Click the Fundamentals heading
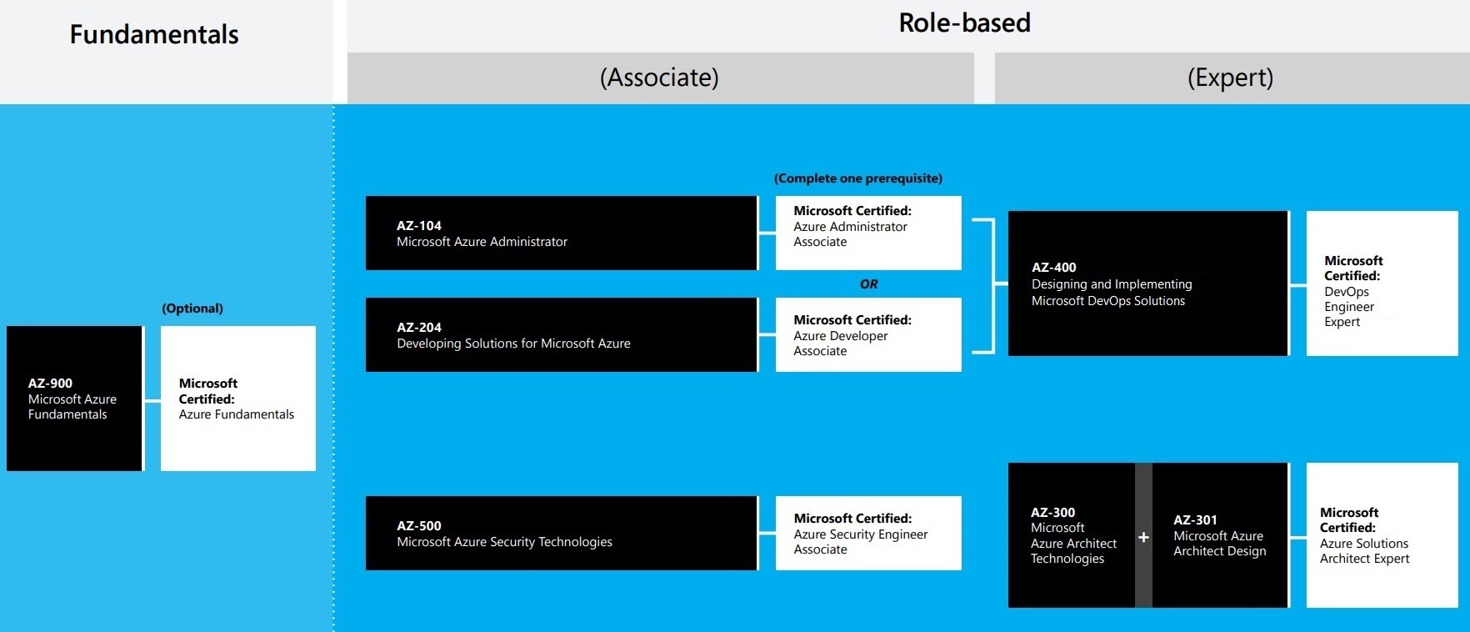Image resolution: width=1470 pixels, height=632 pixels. click(154, 34)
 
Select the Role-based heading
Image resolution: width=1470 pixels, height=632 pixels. click(964, 23)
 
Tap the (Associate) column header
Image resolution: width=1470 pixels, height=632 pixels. click(659, 78)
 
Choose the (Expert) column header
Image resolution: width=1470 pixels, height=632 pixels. click(1230, 78)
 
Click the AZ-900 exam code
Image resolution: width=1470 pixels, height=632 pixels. click(50, 384)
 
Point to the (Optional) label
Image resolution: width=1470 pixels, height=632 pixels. click(192, 308)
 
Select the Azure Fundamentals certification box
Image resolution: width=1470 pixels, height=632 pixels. click(238, 399)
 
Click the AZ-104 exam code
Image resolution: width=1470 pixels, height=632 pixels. click(419, 226)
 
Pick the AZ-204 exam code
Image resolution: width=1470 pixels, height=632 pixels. click(419, 328)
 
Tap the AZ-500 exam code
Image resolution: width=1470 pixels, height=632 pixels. click(419, 526)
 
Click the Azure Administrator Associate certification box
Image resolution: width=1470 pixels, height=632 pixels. click(868, 233)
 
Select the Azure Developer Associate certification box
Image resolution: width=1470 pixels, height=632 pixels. click(868, 334)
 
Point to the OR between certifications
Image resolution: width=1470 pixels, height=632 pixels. click(869, 284)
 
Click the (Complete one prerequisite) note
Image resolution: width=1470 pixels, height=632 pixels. click(858, 178)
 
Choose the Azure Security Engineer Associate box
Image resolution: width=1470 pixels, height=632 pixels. click(868, 534)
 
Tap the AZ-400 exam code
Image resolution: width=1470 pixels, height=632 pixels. click(1054, 268)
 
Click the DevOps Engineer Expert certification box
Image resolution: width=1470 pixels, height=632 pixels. click(1382, 283)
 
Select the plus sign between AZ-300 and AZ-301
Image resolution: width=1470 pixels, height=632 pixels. click(1143, 537)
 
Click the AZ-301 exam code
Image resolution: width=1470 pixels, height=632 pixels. click(1195, 520)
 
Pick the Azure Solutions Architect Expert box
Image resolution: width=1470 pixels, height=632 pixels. click(1382, 535)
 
